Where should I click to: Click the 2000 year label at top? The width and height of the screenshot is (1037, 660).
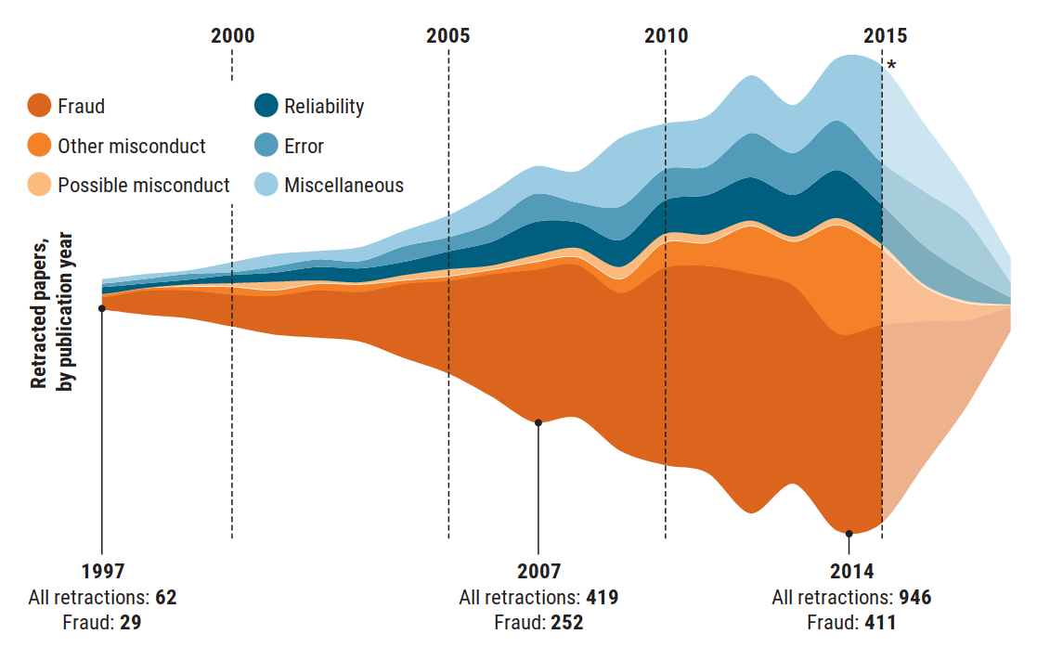pyautogui.click(x=232, y=36)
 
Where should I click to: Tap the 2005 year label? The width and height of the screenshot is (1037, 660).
pyautogui.click(x=448, y=36)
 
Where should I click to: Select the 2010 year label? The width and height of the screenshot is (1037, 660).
pyautogui.click(x=666, y=36)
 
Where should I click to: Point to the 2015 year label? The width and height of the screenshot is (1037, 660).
pyautogui.click(x=885, y=36)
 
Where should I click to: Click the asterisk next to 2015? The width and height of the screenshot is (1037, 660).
pyautogui.click(x=891, y=66)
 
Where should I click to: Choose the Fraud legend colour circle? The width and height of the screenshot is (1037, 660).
pyautogui.click(x=39, y=106)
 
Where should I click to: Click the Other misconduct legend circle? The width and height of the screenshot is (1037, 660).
pyautogui.click(x=39, y=146)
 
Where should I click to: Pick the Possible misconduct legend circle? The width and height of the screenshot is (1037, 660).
pyautogui.click(x=39, y=185)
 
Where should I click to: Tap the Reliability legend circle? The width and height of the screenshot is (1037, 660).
pyautogui.click(x=266, y=106)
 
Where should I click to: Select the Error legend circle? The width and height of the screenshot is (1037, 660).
pyautogui.click(x=266, y=146)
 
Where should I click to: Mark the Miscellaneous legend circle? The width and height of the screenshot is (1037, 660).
pyautogui.click(x=266, y=185)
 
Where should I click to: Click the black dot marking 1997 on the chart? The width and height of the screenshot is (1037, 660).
pyautogui.click(x=101, y=308)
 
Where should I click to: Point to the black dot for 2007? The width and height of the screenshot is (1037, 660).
pyautogui.click(x=538, y=422)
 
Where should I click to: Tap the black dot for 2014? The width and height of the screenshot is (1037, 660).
pyautogui.click(x=849, y=534)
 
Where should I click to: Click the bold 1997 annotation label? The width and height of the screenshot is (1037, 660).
pyautogui.click(x=102, y=571)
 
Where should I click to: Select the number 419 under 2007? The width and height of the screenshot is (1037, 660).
pyautogui.click(x=602, y=597)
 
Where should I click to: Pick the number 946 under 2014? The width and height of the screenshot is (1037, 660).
pyautogui.click(x=914, y=597)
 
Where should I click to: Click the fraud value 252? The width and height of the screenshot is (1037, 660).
pyautogui.click(x=566, y=622)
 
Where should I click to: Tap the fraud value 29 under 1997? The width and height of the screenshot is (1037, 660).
pyautogui.click(x=130, y=622)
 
